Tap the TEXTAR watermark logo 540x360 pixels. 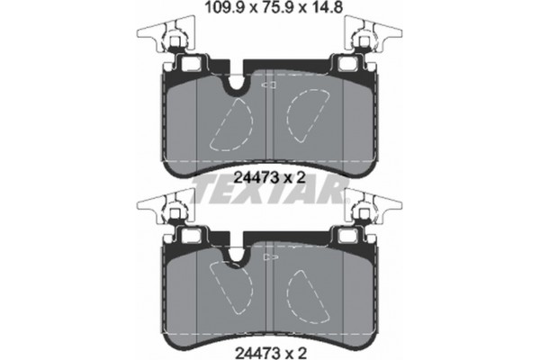269,189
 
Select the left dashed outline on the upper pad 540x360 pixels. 229,121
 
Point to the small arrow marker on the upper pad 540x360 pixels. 268,85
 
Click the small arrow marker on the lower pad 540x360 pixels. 268,256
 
